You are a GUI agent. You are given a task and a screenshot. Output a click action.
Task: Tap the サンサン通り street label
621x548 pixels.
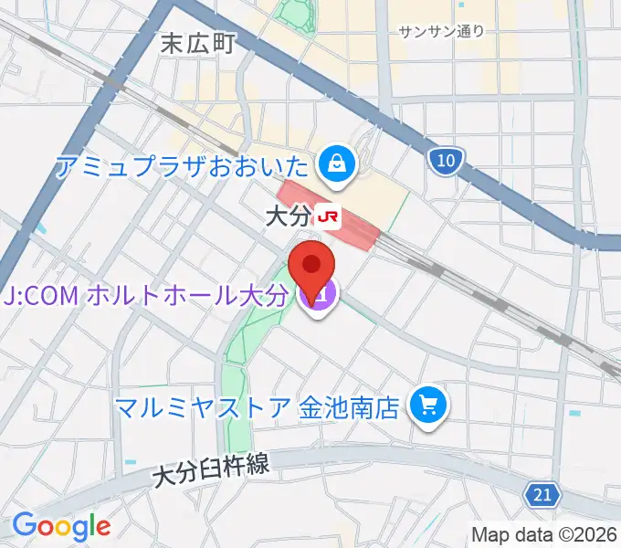441,31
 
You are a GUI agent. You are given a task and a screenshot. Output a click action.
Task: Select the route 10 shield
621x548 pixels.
444,162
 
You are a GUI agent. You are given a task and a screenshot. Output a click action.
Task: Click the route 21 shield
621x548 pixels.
542,495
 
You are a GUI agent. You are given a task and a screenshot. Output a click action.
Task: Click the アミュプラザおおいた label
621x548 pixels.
182,165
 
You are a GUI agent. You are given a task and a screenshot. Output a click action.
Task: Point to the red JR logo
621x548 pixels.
326,217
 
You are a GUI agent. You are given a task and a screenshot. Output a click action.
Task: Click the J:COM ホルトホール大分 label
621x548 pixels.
145,295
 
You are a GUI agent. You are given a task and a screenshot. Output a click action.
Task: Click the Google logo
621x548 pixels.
61,526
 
